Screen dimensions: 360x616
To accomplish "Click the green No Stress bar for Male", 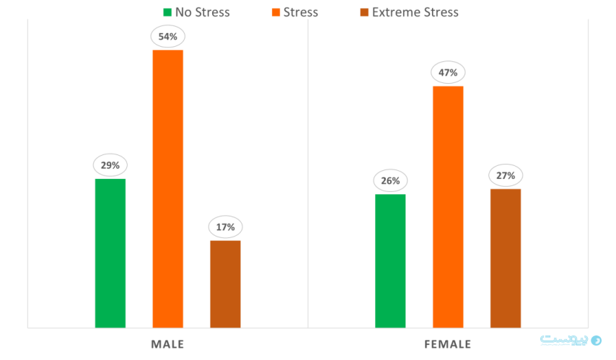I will (x=110, y=253).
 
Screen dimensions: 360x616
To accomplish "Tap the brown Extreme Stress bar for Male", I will (x=225, y=284).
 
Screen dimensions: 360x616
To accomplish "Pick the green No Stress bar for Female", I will (x=390, y=261).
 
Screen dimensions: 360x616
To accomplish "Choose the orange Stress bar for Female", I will (x=448, y=207).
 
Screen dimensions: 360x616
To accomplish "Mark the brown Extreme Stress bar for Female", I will (x=506, y=258).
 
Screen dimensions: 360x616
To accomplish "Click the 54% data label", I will (x=167, y=36).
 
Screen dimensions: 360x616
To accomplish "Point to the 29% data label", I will (x=110, y=165).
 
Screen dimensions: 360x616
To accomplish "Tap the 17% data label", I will (x=225, y=227).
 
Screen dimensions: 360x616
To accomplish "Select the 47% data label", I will (x=448, y=72).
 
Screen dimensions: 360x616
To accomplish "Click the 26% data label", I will (x=390, y=180).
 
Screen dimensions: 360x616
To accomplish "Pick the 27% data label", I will (x=506, y=175).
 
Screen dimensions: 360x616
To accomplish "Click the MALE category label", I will (x=167, y=344).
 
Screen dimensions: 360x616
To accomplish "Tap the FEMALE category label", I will (x=448, y=344).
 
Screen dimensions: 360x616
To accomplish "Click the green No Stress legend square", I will (x=167, y=12).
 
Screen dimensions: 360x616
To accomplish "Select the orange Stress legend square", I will (x=276, y=12).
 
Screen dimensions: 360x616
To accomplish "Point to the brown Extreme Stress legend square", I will (x=364, y=12).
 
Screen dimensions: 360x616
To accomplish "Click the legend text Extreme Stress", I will (x=415, y=12).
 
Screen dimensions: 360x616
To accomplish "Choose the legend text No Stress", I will (x=202, y=12).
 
